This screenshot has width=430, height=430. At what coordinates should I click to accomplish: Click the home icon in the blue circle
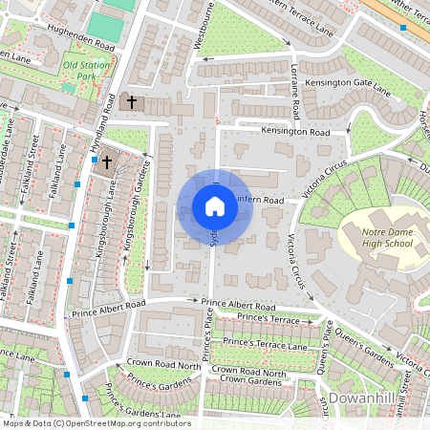(214, 205)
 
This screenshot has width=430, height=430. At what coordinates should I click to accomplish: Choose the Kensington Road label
(296, 131)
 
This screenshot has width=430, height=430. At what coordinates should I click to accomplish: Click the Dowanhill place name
(364, 397)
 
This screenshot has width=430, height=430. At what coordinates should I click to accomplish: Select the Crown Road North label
(163, 365)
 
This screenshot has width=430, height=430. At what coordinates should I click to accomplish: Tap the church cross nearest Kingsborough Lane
(107, 162)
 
